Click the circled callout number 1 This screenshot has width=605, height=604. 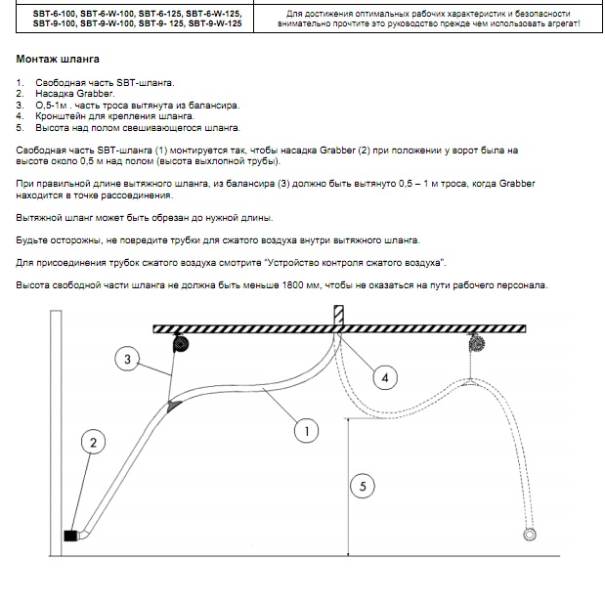click(306, 431)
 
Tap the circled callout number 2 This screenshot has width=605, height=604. click(94, 443)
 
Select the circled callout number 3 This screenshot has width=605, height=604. click(127, 359)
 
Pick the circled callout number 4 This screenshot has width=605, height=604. click(385, 377)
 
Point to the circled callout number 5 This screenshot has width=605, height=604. click(363, 486)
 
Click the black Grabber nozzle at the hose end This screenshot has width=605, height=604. click(70, 536)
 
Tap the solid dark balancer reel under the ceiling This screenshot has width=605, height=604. click(181, 343)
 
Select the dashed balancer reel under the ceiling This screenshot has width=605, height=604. click(477, 343)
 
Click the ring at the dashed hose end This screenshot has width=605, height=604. click(530, 535)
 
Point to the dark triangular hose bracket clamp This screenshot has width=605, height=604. click(173, 406)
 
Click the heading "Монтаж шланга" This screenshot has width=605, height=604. click(58, 59)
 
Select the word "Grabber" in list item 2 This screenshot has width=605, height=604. click(96, 94)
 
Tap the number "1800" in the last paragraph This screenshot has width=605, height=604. click(293, 285)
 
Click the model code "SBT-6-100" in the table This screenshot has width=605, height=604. click(55, 14)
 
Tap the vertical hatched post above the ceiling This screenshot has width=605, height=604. click(338, 316)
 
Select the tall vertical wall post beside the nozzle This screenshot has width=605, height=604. click(56, 433)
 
